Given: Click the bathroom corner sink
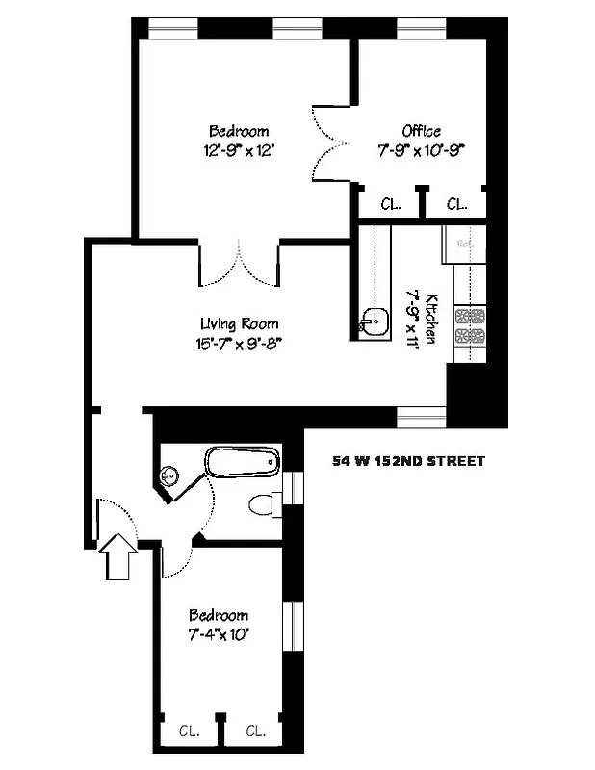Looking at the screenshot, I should pos(171,475).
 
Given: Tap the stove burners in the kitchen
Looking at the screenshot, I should pos(469,325).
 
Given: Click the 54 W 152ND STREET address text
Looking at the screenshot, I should pos(408,461).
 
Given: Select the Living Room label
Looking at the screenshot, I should pos(240,323).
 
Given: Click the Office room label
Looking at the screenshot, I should pos(422,131).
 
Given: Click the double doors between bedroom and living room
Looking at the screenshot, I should pos(240,262).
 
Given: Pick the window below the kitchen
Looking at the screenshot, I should pos(421,416).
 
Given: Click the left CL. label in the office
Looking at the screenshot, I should pos(390,204).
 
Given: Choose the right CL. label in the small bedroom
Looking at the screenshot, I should pos(255,731).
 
